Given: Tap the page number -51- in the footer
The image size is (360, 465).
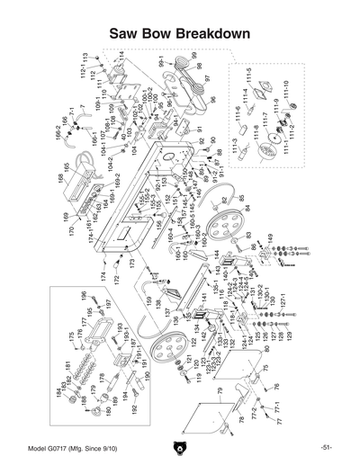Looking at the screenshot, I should click(325, 447).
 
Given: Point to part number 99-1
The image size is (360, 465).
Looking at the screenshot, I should click(163, 65).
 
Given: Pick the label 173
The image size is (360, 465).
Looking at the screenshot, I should click(131, 264).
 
